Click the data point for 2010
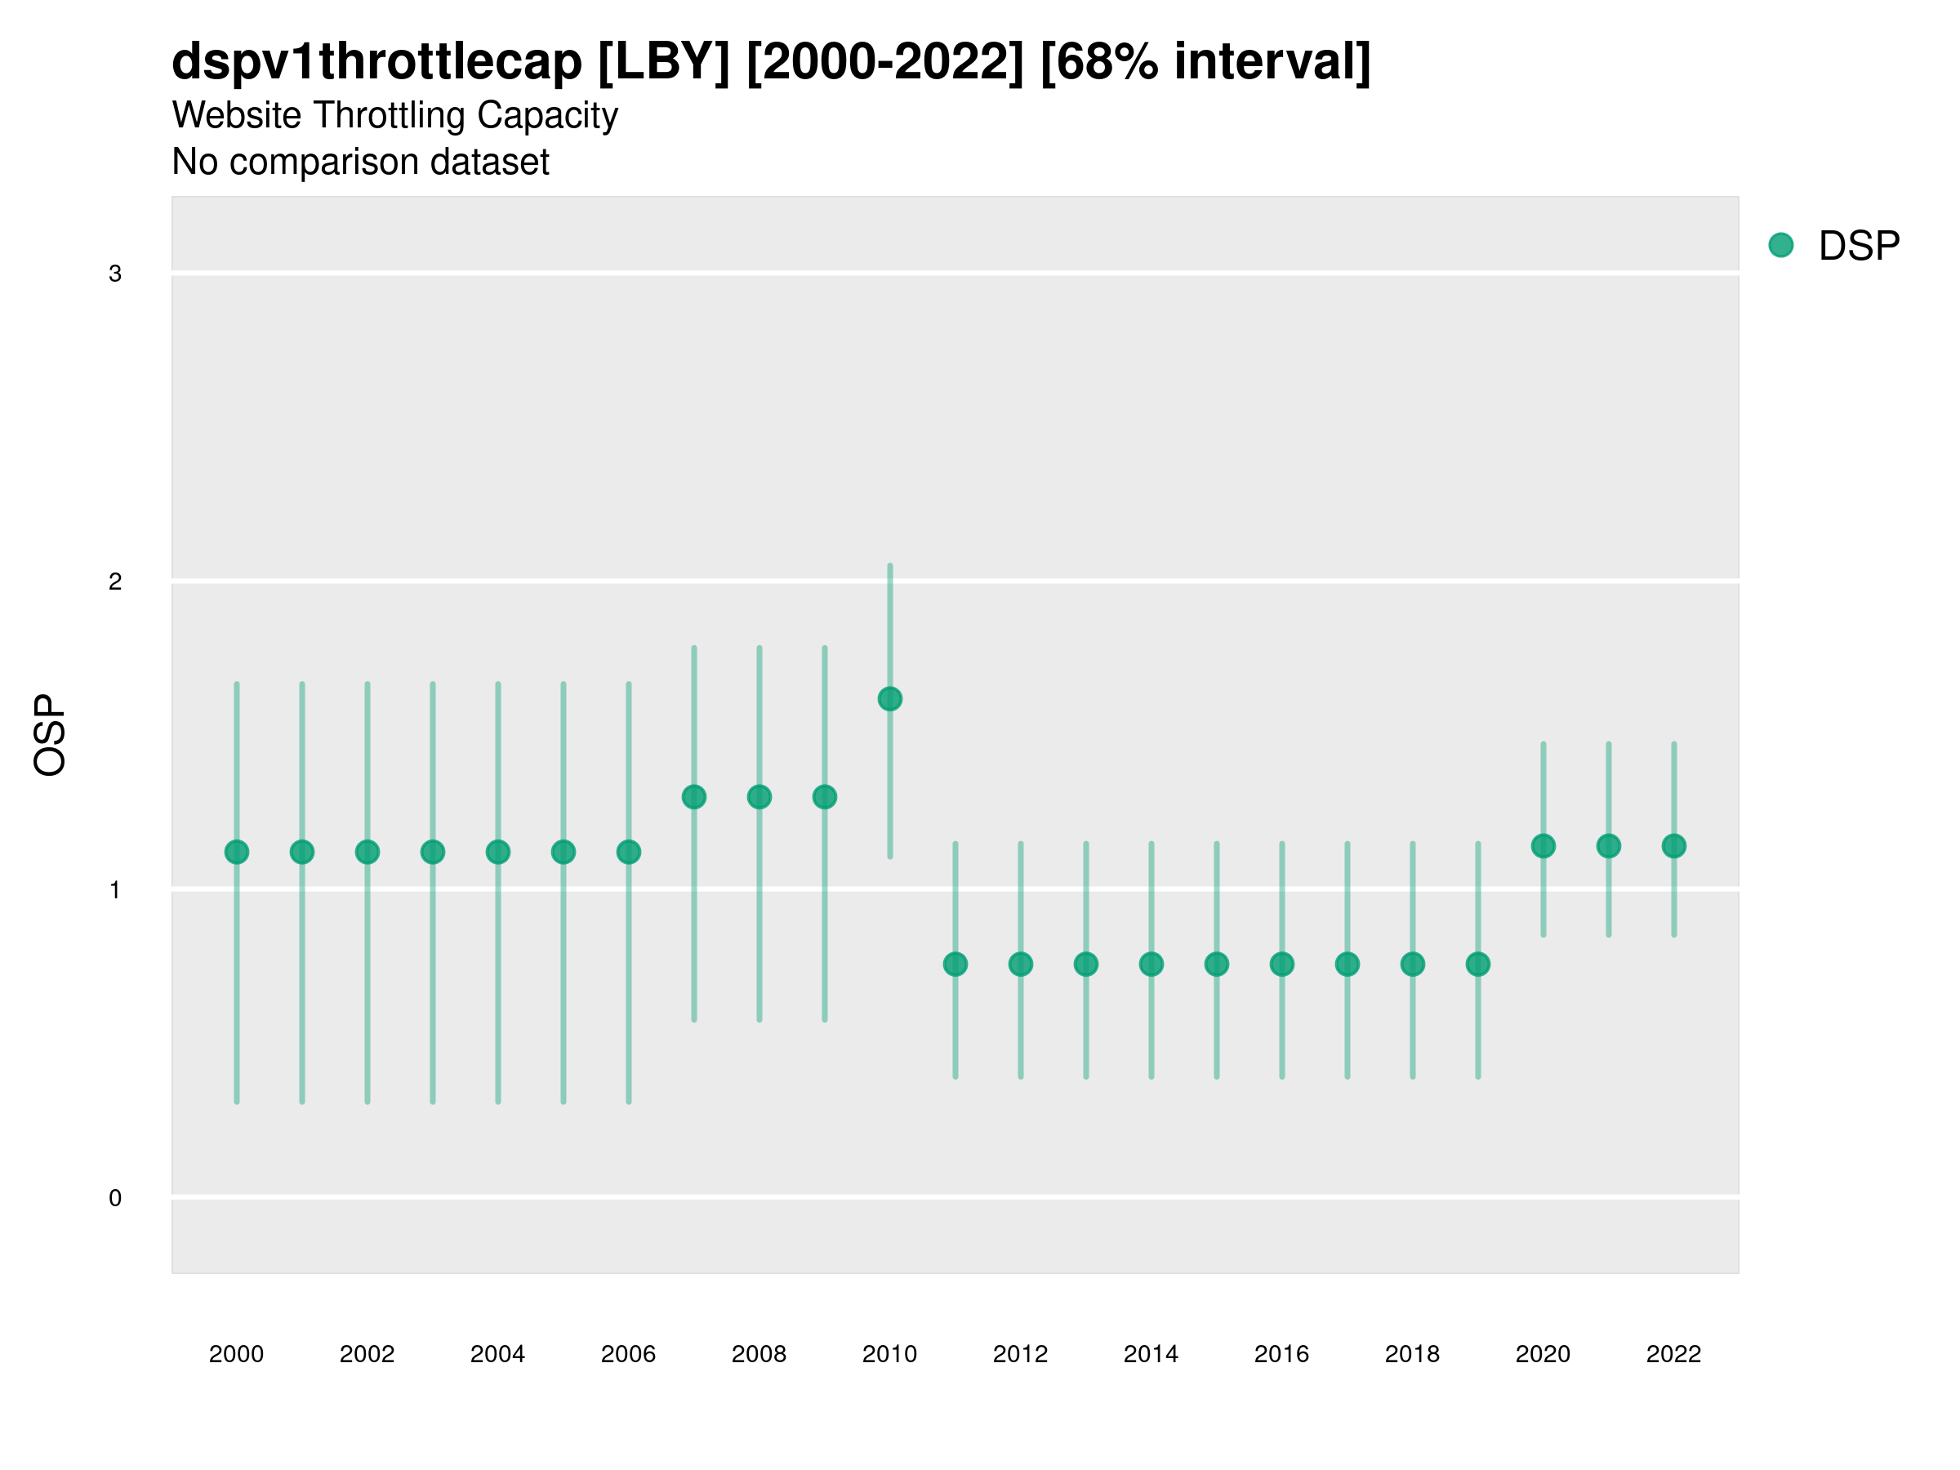(889, 699)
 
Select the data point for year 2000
(237, 852)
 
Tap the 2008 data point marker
(759, 796)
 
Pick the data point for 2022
(1674, 845)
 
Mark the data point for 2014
(1151, 963)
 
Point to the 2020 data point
(1543, 845)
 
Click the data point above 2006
(629, 852)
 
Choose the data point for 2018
(1412, 963)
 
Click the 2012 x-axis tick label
(1020, 1354)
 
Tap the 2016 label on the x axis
(1281, 1354)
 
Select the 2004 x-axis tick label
(497, 1354)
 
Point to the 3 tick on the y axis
(115, 274)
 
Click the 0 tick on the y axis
(115, 1198)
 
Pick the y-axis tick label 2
(115, 582)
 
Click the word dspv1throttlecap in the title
(376, 62)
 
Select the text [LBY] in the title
(664, 62)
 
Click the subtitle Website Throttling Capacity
(394, 115)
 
